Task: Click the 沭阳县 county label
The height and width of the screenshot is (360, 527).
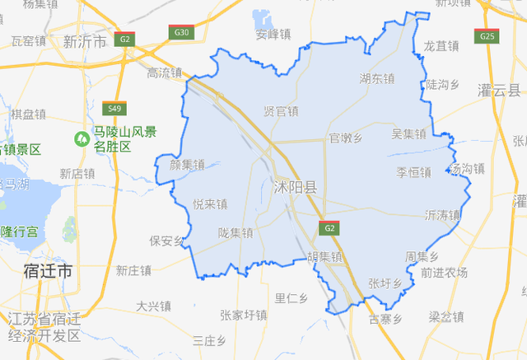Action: tap(294, 189)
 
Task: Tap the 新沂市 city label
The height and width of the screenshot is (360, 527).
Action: tap(85, 41)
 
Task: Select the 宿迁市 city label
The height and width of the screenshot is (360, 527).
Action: tap(48, 270)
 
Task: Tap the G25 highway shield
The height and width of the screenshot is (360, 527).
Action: tap(487, 36)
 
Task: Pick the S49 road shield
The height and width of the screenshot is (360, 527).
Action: tap(114, 108)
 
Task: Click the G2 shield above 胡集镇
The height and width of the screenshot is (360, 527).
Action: tap(329, 227)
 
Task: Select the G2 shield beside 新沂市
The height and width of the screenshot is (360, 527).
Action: tap(124, 39)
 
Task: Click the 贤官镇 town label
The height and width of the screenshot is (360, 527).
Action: tap(281, 111)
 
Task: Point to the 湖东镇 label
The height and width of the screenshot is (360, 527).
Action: tap(377, 79)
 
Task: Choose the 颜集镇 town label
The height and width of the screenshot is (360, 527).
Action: tap(187, 164)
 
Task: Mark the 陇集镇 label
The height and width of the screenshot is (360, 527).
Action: tap(236, 233)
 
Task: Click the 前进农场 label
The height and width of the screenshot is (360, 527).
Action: tap(443, 273)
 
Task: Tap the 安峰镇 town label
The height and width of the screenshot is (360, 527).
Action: tap(273, 35)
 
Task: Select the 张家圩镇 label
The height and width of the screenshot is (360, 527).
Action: tap(244, 315)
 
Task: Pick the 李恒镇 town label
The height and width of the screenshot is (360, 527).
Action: tap(413, 172)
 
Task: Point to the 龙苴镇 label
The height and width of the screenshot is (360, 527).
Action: tap(441, 46)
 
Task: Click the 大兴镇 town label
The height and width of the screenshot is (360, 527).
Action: tap(154, 306)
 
